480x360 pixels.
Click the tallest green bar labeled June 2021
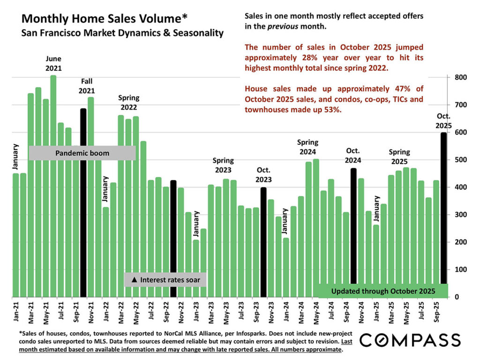pos(53,187)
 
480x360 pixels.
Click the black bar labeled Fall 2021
pos(83,197)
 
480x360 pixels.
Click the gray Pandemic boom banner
pos(82,153)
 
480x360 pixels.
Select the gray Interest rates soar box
pos(165,280)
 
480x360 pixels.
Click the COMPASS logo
pos(410,340)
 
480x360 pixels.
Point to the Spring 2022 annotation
pos(128,102)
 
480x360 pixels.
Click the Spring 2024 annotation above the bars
pos(308,147)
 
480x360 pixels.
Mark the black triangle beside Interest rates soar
pos(134,280)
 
